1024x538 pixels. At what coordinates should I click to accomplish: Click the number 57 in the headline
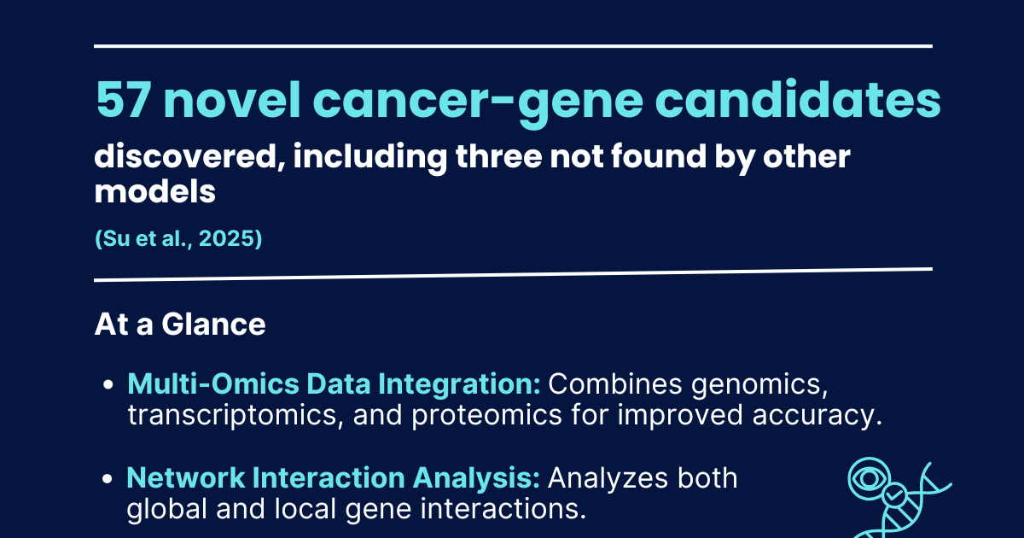122,102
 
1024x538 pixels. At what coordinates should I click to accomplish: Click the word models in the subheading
154,192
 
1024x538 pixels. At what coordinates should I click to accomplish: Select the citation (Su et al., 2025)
177,240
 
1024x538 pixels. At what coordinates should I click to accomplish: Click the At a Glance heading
179,325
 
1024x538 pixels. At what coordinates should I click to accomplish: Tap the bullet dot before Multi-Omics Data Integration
108,385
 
